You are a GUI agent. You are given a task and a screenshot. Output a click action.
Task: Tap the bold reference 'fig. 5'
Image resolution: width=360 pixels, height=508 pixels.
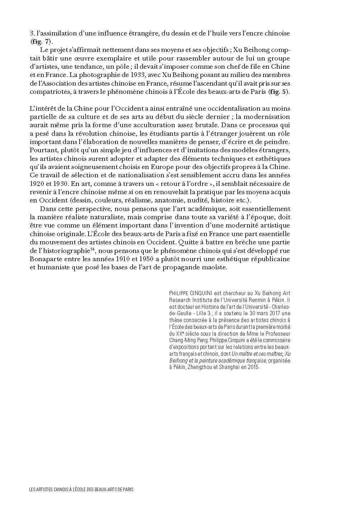279,92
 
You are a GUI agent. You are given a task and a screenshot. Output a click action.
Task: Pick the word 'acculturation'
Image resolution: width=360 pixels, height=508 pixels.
172,125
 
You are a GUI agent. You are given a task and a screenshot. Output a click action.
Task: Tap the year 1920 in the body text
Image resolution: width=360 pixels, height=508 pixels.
37,184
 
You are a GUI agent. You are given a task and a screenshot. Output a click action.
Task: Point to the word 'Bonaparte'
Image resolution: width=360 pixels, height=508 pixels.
46,259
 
